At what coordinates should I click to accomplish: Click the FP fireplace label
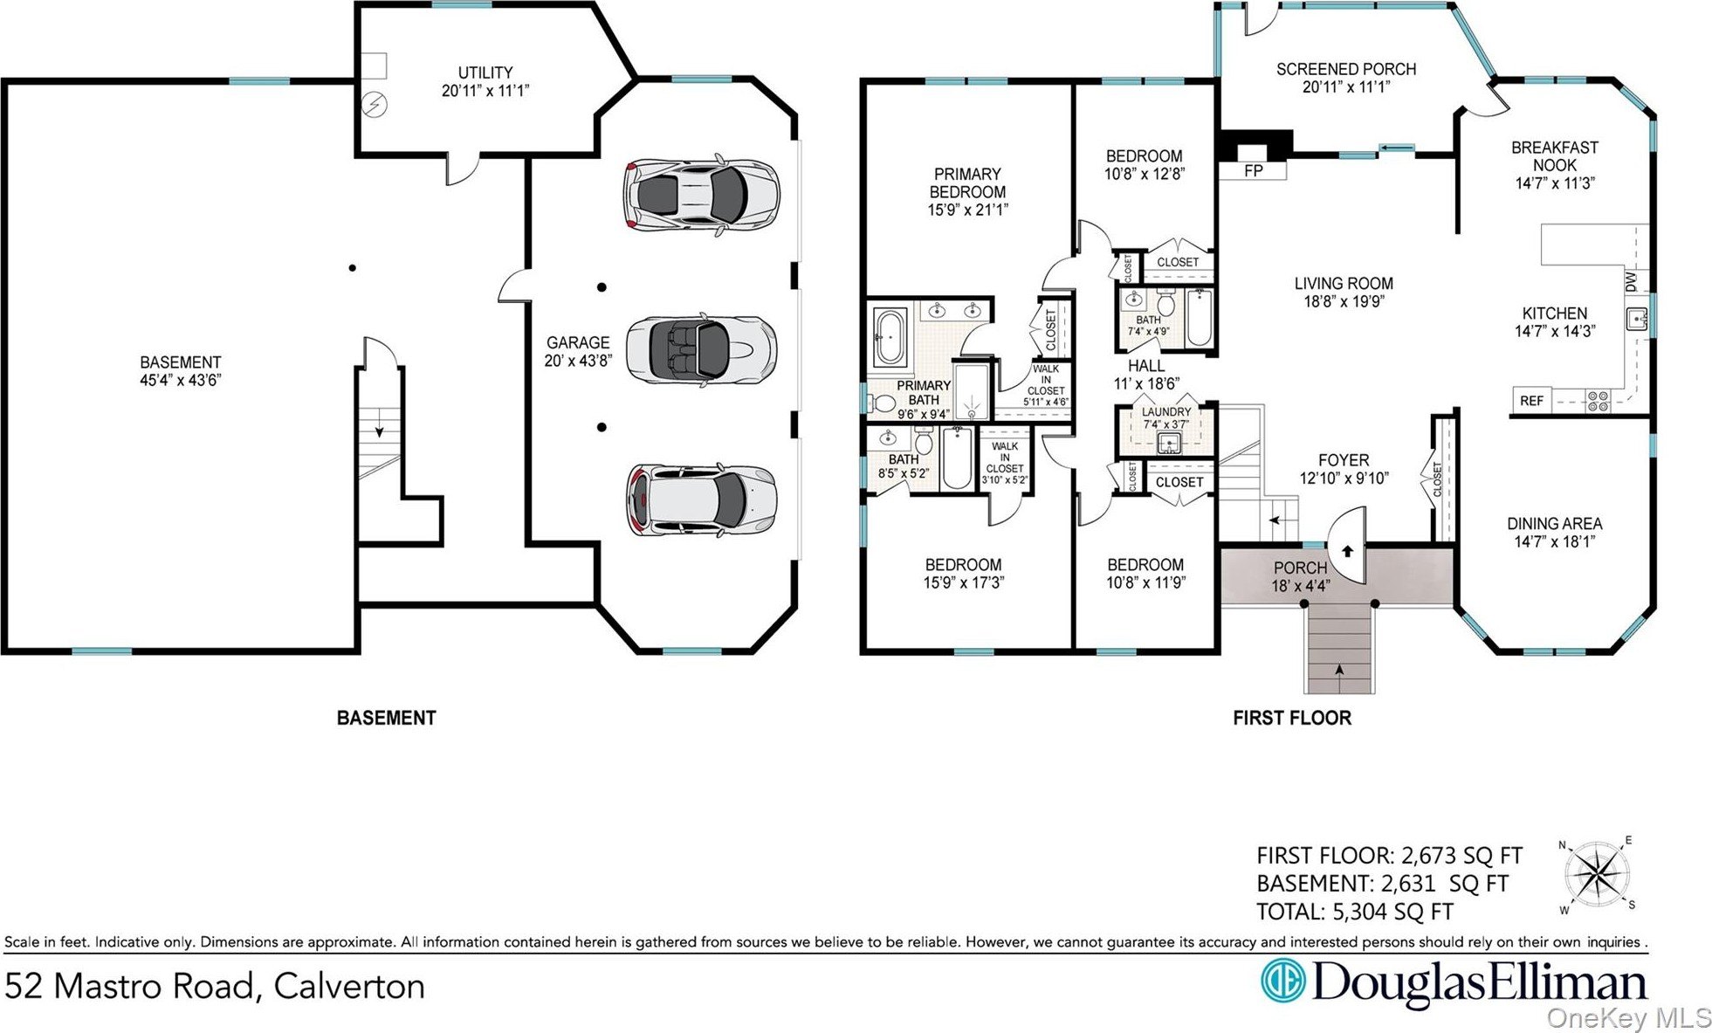pyautogui.click(x=1253, y=170)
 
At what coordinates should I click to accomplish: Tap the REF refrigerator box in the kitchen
pyautogui.click(x=1531, y=400)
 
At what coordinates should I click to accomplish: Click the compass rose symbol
pyautogui.click(x=1597, y=876)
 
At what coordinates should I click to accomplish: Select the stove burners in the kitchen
pyautogui.click(x=1598, y=401)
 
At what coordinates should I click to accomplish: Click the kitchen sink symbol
pyautogui.click(x=1637, y=320)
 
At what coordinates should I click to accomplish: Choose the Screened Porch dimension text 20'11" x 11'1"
pyautogui.click(x=1345, y=87)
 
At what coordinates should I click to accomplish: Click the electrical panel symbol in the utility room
pyautogui.click(x=375, y=105)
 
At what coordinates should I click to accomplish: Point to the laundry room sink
pyautogui.click(x=1168, y=444)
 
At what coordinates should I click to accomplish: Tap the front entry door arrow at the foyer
pyautogui.click(x=1347, y=551)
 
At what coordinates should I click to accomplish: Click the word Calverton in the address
pyautogui.click(x=349, y=986)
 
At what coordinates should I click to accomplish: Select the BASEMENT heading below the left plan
pyautogui.click(x=386, y=718)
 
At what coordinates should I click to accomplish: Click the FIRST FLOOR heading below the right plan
pyautogui.click(x=1292, y=718)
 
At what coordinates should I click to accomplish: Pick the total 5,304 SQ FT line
pyautogui.click(x=1354, y=912)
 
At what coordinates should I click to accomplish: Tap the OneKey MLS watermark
pyautogui.click(x=1629, y=1017)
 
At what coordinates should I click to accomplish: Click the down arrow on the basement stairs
pyautogui.click(x=380, y=430)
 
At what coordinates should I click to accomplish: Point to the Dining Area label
pyautogui.click(x=1554, y=524)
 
